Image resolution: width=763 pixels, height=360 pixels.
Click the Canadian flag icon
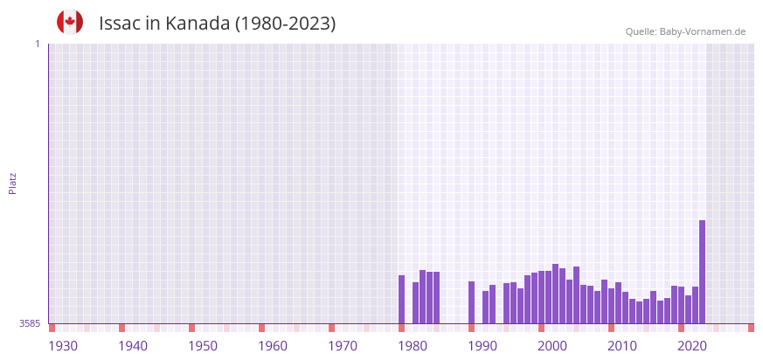point(70,22)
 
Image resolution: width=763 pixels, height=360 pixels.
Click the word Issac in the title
point(120,24)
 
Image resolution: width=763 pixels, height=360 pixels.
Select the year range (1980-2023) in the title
point(285,24)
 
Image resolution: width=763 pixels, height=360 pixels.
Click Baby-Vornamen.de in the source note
point(703,31)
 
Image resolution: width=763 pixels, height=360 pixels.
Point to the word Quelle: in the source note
point(641,31)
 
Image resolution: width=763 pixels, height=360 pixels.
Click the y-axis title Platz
point(12,183)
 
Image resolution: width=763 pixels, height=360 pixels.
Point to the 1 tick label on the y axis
point(37,44)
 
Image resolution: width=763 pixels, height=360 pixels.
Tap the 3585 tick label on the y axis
point(30,323)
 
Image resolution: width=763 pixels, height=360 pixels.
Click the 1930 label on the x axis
point(63,346)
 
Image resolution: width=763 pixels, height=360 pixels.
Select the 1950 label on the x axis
point(203,346)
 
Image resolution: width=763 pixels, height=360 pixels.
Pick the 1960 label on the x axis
point(273,346)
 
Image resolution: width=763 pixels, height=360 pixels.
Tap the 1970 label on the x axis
point(343,346)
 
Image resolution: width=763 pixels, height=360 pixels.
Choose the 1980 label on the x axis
point(413,346)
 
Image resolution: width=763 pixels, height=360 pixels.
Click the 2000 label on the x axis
point(552,346)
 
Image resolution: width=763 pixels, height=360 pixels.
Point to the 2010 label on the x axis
point(622,346)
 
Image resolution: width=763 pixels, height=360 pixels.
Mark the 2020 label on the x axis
point(692,346)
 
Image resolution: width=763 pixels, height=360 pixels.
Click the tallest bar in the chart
point(702,272)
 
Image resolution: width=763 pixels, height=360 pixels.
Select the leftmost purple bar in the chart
point(401,299)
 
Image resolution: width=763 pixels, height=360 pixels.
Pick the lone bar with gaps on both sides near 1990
point(471,302)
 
